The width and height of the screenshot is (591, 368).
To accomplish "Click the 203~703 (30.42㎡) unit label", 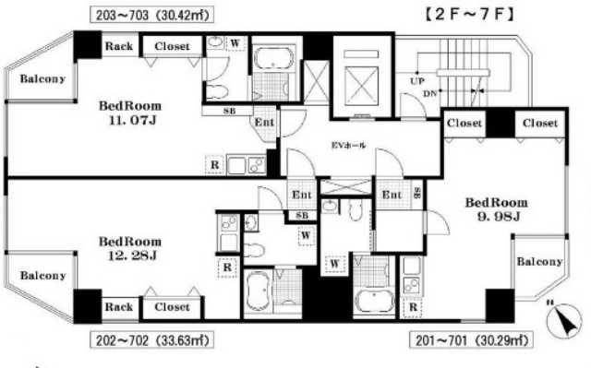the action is pos(152,15).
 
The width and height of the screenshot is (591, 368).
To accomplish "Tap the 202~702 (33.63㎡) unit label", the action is pos(152,340).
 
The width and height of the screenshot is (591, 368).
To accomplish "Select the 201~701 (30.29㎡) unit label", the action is pos(471,340).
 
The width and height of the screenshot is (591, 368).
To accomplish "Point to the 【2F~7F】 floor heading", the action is pos(469,14).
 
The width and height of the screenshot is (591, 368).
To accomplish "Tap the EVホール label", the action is pos(348,145).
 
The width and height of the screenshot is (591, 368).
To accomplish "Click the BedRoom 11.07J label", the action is pos(130,113).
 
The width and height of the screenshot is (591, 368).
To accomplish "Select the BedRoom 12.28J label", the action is pos(130,248).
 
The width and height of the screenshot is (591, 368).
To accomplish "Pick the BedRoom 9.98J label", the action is pos(497,209).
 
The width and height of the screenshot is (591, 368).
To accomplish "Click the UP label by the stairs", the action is pos(417,80).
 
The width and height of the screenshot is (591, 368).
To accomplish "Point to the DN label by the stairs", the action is pos(429,94).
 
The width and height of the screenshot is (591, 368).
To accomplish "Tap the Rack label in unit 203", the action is pos(119,46).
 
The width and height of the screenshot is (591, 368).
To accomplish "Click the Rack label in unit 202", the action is pos(119,307).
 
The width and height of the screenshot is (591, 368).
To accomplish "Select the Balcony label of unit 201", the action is pos(539,262).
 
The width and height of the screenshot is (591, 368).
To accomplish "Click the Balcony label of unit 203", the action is pos(42,79).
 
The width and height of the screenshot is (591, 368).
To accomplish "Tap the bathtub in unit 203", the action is pos(273,58).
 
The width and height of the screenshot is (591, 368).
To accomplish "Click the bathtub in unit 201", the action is pos(374,300).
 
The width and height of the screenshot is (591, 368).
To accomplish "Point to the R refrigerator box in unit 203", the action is pos(215,165).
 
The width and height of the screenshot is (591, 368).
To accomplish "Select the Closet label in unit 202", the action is pos(172,307).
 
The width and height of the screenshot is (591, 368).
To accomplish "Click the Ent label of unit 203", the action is pos(264,123).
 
